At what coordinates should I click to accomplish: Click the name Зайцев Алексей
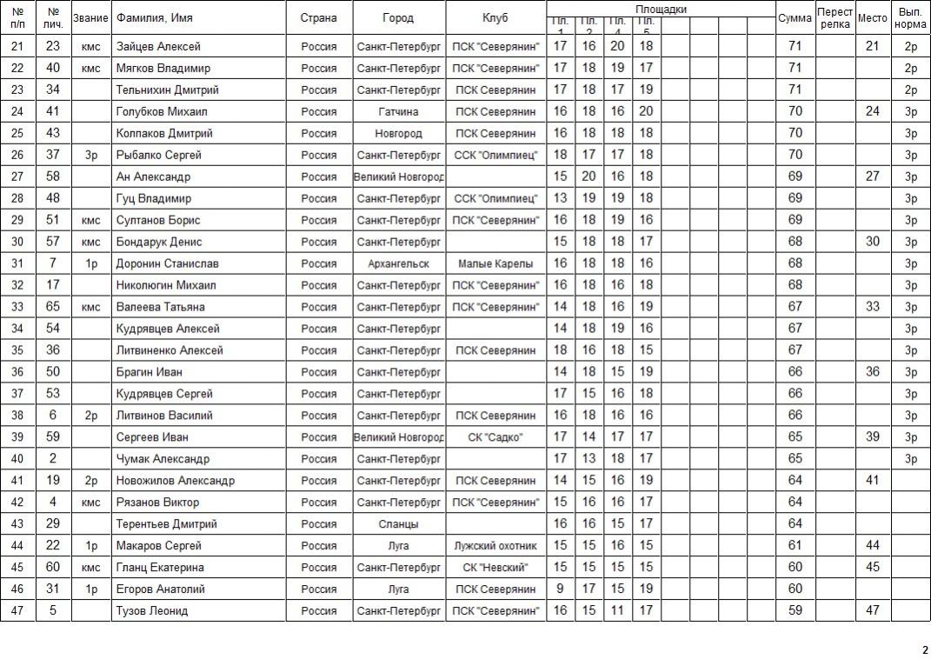click(158, 46)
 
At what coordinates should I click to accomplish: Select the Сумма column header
click(795, 18)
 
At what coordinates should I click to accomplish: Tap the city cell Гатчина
click(398, 111)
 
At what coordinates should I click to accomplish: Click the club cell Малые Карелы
click(495, 263)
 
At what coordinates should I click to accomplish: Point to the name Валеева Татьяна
click(160, 307)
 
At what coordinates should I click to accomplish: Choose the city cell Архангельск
click(398, 263)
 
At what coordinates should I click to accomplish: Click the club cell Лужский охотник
click(495, 546)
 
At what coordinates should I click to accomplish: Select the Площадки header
click(661, 9)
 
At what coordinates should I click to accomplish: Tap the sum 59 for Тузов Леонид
click(795, 611)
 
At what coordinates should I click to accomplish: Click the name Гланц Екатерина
click(160, 568)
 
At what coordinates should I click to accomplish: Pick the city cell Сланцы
click(398, 524)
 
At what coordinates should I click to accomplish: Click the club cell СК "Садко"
click(495, 437)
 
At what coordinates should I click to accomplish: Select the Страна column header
click(318, 18)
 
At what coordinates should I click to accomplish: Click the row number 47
click(17, 611)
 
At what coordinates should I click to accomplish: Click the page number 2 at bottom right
click(925, 649)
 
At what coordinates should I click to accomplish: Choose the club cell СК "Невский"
click(495, 568)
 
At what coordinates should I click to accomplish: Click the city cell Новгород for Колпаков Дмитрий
click(398, 133)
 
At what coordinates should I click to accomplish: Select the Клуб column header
click(495, 18)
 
